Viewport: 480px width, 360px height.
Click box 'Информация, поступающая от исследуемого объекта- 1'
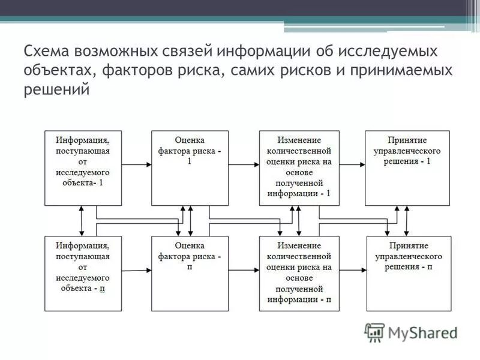coord(83,168)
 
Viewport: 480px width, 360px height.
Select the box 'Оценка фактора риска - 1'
coord(190,168)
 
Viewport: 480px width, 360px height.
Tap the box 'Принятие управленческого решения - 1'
coord(407,168)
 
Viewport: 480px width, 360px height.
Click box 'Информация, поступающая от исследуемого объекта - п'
coord(83,273)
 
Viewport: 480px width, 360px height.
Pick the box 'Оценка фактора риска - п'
coord(190,273)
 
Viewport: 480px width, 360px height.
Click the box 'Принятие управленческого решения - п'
coord(407,273)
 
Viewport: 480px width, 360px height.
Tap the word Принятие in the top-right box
coord(407,139)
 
